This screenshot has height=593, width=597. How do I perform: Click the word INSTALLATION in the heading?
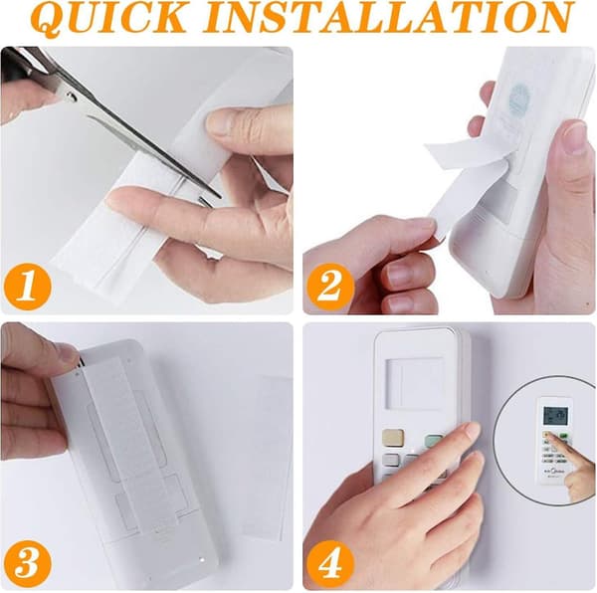pyautogui.click(x=388, y=17)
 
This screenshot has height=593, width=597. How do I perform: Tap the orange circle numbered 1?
pyautogui.click(x=28, y=287)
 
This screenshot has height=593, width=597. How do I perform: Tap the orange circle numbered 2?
pyautogui.click(x=330, y=287)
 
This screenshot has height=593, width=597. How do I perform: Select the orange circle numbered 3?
pyautogui.click(x=28, y=562)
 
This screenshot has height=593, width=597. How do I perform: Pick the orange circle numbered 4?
pyautogui.click(x=330, y=562)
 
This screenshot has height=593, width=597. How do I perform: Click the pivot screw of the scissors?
pyautogui.click(x=72, y=98)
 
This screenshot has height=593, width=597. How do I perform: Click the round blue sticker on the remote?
pyautogui.click(x=519, y=99)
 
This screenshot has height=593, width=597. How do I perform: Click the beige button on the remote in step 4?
pyautogui.click(x=393, y=438)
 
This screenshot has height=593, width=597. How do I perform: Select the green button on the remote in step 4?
pyautogui.click(x=434, y=441)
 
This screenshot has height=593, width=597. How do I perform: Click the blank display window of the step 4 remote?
pyautogui.click(x=415, y=382)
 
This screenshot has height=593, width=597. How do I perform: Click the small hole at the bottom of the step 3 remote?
pyautogui.click(x=202, y=560)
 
